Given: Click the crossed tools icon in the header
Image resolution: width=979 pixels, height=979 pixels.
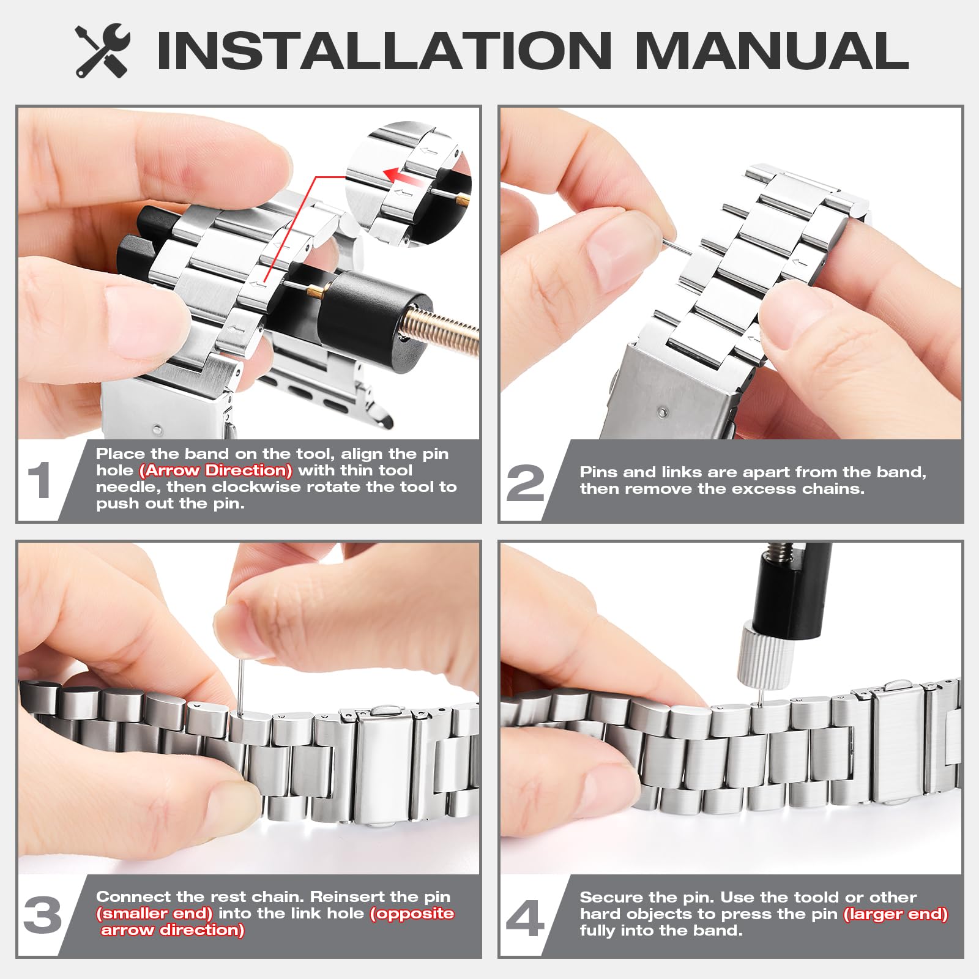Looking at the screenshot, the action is pyautogui.click(x=103, y=51).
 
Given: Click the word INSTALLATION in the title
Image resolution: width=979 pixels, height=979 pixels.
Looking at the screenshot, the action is pyautogui.click(x=384, y=50).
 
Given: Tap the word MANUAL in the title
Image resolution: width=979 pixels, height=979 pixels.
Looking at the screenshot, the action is pyautogui.click(x=772, y=50).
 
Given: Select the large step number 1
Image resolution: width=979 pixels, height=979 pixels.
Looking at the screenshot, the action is pyautogui.click(x=40, y=481).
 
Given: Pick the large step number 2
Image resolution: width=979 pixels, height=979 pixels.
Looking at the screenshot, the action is pyautogui.click(x=526, y=483).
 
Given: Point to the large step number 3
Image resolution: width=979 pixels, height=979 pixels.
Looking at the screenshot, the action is pyautogui.click(x=43, y=915).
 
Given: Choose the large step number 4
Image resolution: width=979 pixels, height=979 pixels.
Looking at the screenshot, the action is pyautogui.click(x=525, y=918).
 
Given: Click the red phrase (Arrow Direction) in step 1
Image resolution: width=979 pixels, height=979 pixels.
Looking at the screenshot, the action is pyautogui.click(x=216, y=471).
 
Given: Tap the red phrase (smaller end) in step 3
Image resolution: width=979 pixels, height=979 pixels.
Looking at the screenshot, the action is pyautogui.click(x=155, y=914).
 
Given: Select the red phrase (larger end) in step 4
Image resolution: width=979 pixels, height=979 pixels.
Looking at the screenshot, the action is pyautogui.click(x=896, y=914).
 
